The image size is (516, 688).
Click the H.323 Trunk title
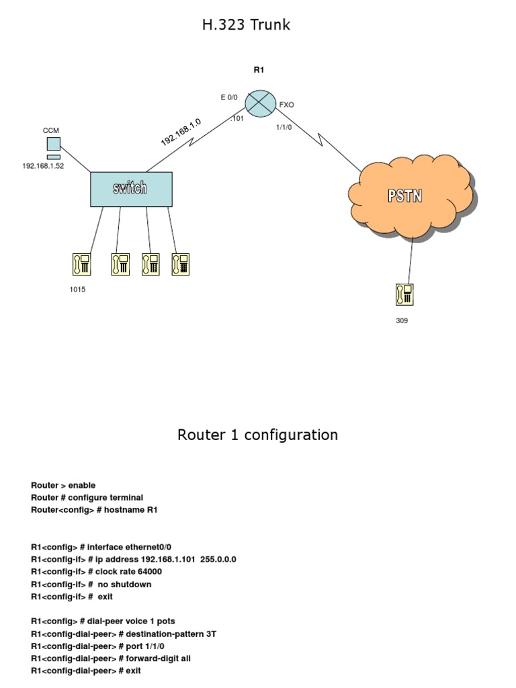click(x=246, y=26)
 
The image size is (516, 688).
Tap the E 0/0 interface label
click(x=229, y=97)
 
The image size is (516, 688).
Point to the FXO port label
click(x=286, y=105)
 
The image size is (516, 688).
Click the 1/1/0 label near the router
click(x=284, y=126)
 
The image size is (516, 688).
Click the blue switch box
click(x=131, y=189)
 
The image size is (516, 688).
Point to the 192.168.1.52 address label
click(x=43, y=166)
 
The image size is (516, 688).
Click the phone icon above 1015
click(x=81, y=264)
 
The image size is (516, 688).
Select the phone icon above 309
click(x=404, y=295)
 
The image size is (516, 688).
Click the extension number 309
click(x=401, y=320)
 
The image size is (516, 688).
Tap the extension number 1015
click(x=77, y=290)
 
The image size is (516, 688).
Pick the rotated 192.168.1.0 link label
click(x=181, y=132)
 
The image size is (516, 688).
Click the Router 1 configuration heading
click(x=257, y=435)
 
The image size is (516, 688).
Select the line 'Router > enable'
click(x=63, y=485)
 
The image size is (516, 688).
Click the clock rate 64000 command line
click(x=96, y=572)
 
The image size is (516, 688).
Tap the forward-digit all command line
click(x=115, y=658)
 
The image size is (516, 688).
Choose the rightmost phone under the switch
click(x=180, y=264)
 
